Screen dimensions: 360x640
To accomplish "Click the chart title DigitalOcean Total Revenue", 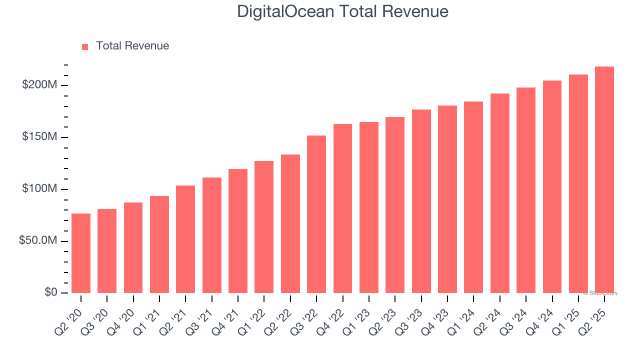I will [342, 11].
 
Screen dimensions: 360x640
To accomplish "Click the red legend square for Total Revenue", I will [85, 46].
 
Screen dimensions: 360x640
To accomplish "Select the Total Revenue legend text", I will [132, 46].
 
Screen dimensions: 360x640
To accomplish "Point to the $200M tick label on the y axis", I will [39, 85].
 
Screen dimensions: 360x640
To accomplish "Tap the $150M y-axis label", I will [39, 137].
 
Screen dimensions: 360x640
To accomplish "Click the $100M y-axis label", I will [39, 189].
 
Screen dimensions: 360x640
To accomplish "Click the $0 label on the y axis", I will [50, 292].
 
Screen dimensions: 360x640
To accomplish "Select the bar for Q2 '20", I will [81, 253].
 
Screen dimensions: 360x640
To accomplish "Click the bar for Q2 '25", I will [604, 180].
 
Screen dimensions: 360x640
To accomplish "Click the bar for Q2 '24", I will [499, 193].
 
